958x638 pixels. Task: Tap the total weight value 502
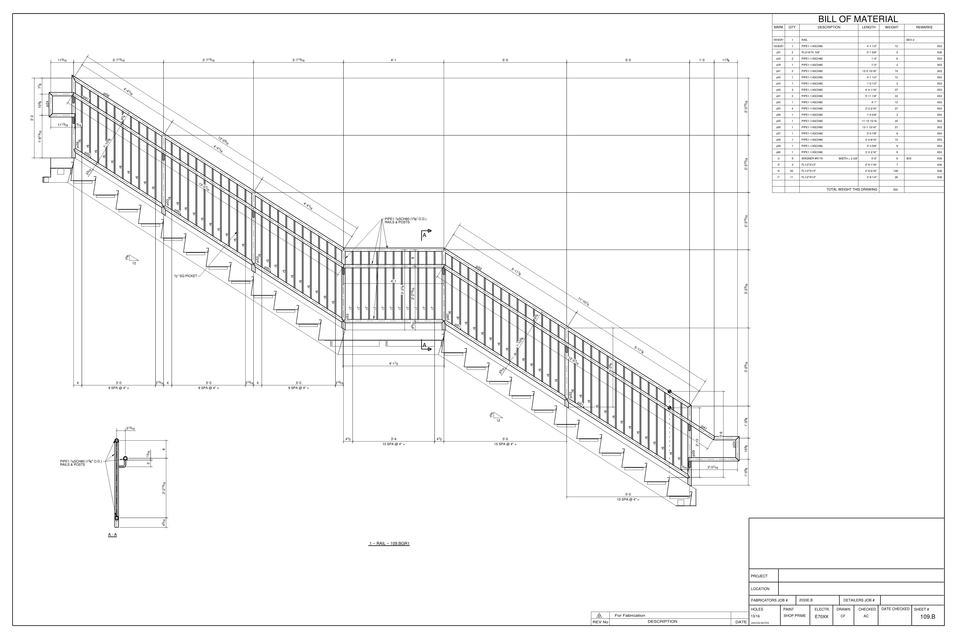click(895, 190)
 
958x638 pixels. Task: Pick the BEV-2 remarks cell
click(910, 40)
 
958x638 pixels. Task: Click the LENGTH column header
click(868, 27)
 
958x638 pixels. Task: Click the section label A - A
click(112, 535)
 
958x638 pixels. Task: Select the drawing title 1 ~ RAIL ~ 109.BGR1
click(389, 543)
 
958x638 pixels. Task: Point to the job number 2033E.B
click(806, 600)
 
